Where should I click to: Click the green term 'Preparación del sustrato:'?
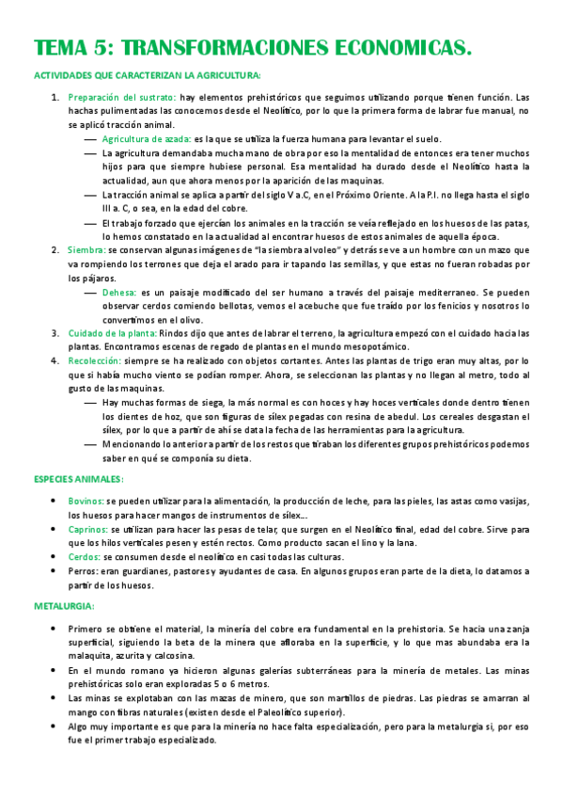[122, 97]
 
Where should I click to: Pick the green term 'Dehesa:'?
[118, 293]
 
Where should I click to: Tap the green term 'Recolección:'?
[97, 360]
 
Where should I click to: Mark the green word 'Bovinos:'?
[86, 502]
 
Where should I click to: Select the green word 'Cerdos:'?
[84, 558]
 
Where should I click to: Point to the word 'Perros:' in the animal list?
[83, 571]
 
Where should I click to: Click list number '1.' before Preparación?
[55, 97]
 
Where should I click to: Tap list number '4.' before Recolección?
[55, 360]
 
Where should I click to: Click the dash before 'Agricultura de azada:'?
[90, 137]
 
